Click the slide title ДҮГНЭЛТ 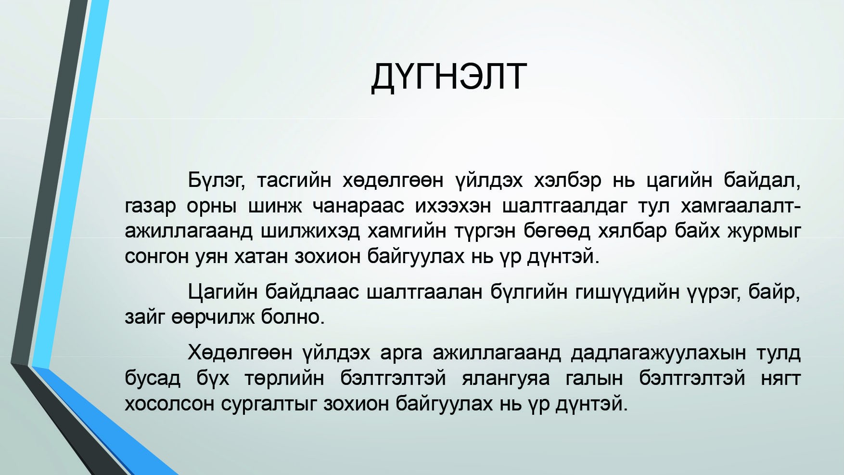pyautogui.click(x=449, y=77)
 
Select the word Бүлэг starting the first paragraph pyautogui.click(x=217, y=181)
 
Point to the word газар pyautogui.click(x=150, y=206)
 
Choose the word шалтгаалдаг pyautogui.click(x=564, y=206)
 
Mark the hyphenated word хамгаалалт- pyautogui.click(x=741, y=206)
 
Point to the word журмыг pyautogui.click(x=764, y=232)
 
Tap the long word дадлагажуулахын pyautogui.click(x=659, y=354)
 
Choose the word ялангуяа pyautogui.click(x=506, y=379)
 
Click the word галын pyautogui.click(x=594, y=379)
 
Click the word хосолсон pyautogui.click(x=169, y=404)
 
